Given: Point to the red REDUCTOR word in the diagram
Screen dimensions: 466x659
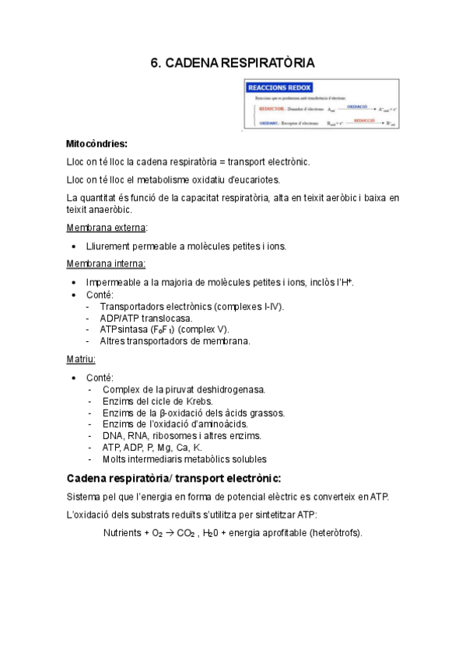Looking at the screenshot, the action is pos(272,109).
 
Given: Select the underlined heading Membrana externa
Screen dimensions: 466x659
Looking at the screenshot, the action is pos(106,228).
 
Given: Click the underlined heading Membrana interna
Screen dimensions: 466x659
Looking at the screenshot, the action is pos(106,263).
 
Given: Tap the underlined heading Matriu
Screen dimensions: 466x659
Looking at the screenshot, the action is pos(81,359).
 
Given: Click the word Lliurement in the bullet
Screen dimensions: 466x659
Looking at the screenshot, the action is pos(110,246).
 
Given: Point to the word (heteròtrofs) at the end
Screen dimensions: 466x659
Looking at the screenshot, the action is pos(335,533).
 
